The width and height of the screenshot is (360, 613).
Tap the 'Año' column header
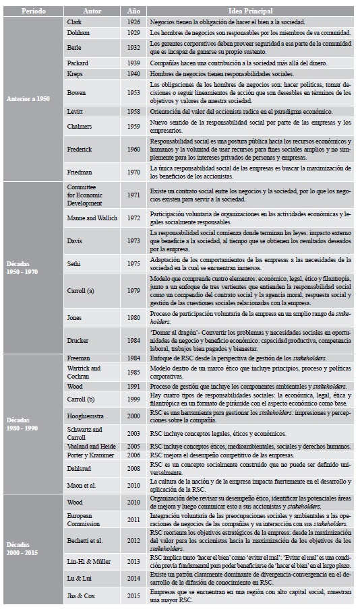[x=133, y=11]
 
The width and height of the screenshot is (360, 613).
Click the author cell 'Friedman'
[x=80, y=173]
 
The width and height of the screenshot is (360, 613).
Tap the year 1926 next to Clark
[x=133, y=22]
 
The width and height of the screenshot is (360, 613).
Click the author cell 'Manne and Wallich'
[x=93, y=218]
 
